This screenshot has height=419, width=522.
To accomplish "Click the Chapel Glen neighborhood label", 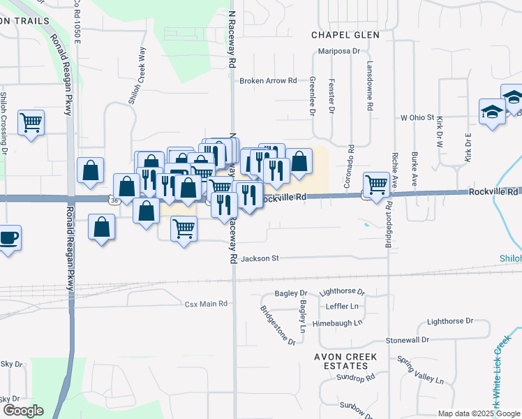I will coord(346,35).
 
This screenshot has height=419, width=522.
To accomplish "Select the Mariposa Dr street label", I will coord(338,51).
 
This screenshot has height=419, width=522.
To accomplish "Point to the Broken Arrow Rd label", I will coord(268,81).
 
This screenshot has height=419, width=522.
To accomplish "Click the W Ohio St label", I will coord(417,117).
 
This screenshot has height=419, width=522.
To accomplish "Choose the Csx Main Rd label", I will coord(206,304).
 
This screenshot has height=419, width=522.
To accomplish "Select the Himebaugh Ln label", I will coord(338,323).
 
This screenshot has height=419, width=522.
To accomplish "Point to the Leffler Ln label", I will coord(342,307).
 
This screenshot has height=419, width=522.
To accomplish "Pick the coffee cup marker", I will coord(8,237).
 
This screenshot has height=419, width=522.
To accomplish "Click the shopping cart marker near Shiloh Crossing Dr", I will coord(31,123).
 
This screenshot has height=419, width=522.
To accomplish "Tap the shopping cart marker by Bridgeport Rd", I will coord(376,184).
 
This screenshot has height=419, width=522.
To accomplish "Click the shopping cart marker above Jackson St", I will coord(184,228).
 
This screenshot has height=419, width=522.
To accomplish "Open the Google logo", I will coord(22,411).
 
